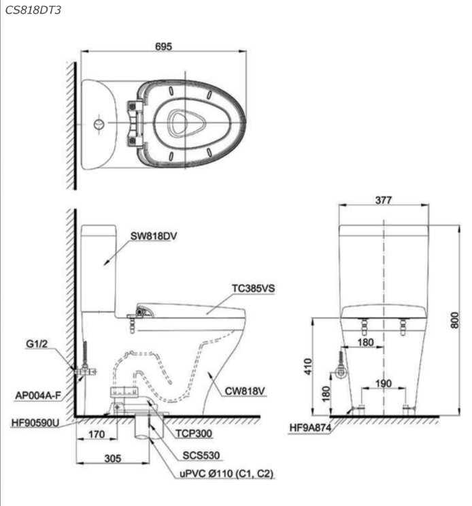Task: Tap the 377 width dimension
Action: point(384,200)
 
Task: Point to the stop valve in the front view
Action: point(340,374)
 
